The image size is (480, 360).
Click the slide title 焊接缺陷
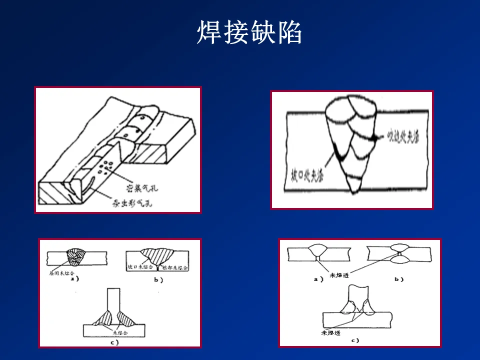tap(249, 32)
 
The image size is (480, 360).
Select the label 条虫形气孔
tap(128, 203)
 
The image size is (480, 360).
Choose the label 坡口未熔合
tap(138, 267)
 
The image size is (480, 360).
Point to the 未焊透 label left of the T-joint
tap(330, 332)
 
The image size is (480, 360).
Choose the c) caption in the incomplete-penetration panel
tap(354, 340)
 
